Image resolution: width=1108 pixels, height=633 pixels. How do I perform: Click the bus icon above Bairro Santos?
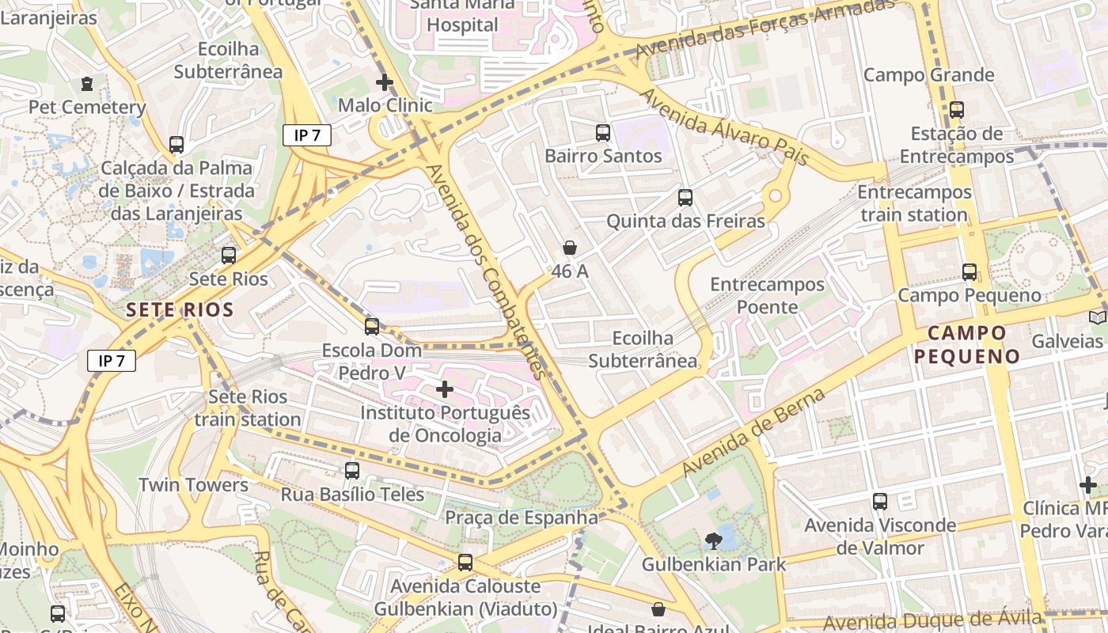coord(603,133)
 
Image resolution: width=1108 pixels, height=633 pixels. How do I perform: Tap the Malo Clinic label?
coord(385,105)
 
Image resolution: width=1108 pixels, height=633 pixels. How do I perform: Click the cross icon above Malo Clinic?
coord(385,81)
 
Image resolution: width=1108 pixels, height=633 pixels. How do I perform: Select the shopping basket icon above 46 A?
coord(569,248)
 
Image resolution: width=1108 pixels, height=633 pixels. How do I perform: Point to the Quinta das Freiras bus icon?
coord(685,198)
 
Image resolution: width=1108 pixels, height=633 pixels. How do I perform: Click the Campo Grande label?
coord(928,75)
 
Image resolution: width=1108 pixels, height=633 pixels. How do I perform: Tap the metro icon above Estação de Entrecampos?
coord(956,110)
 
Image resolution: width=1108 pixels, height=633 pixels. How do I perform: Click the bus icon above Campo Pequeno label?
coord(970,272)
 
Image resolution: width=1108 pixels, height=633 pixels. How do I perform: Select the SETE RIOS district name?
coord(180,309)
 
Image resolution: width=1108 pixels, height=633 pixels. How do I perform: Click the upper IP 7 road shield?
coord(307,135)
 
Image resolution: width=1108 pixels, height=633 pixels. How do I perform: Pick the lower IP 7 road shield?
coord(112,361)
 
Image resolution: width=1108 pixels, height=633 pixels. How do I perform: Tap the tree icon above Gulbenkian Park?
coord(713,541)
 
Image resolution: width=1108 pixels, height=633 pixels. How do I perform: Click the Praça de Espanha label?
coord(522,517)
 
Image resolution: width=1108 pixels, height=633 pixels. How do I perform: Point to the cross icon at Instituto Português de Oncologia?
coord(445,389)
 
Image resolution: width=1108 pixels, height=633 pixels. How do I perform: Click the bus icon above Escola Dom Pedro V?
coord(372,326)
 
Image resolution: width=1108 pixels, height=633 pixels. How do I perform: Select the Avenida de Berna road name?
coord(753,432)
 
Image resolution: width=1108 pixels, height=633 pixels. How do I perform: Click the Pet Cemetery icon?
coord(87,83)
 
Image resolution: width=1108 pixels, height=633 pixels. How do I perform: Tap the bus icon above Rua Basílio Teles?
coord(352,471)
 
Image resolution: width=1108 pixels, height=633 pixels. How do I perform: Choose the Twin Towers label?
coord(193,485)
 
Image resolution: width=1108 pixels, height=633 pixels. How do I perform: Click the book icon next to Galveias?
coord(1097,317)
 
